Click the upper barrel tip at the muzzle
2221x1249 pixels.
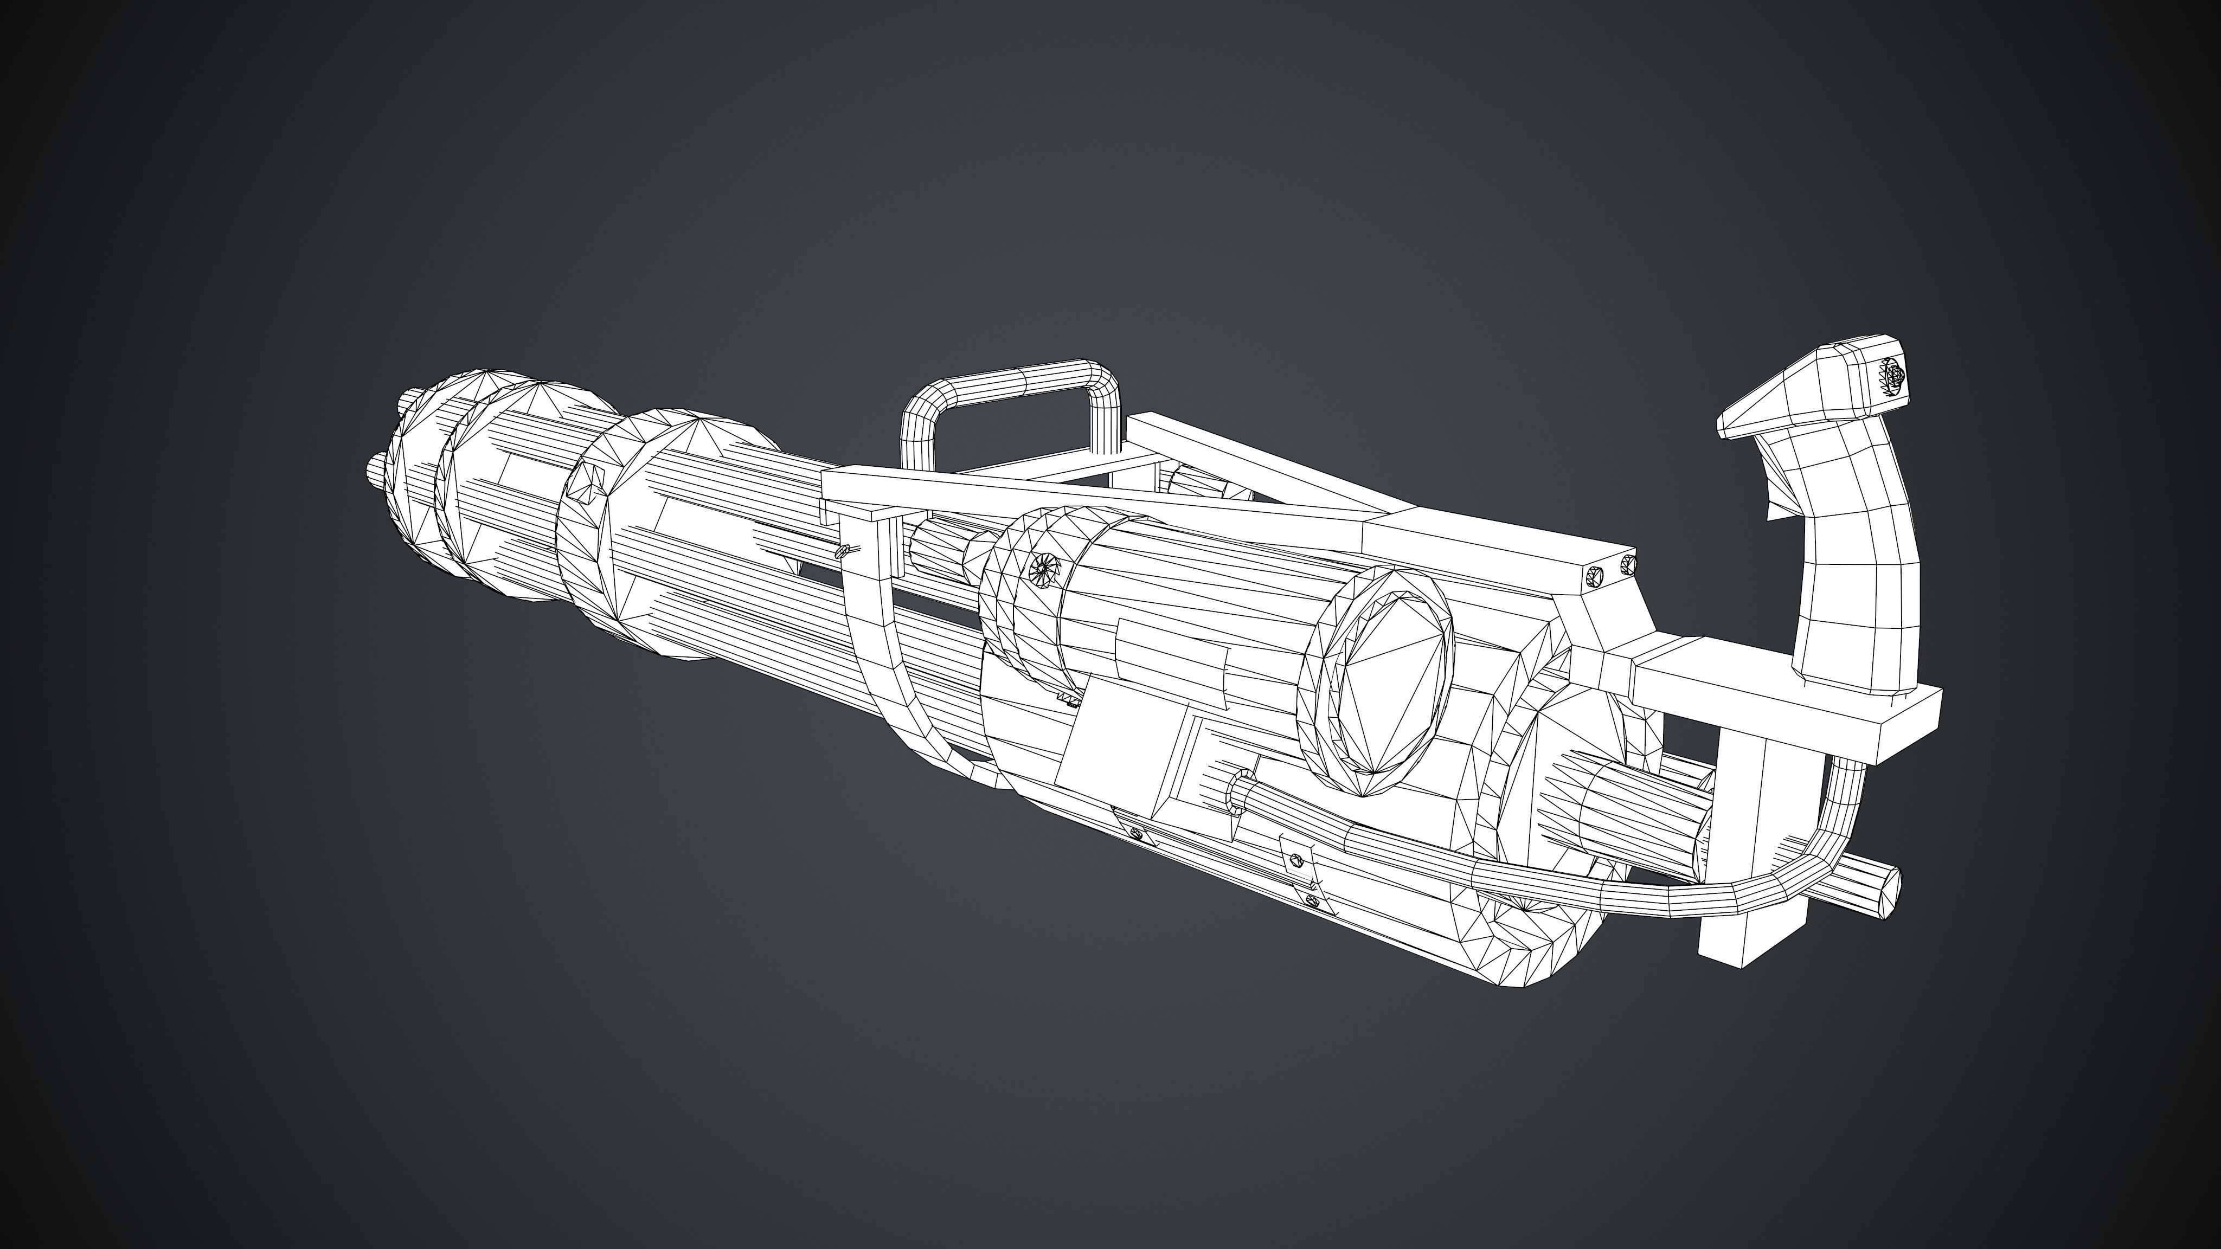click(407, 401)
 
